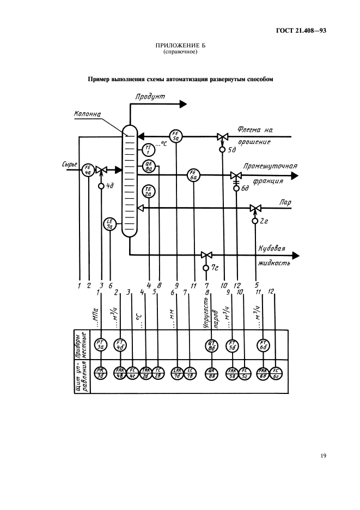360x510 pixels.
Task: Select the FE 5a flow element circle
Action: click(176, 136)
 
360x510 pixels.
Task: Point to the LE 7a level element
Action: click(110, 224)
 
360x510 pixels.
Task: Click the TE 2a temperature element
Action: click(149, 191)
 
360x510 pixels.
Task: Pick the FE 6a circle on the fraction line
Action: click(194, 175)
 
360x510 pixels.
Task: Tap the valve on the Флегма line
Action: click(222, 136)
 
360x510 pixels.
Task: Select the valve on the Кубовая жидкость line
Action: click(206, 255)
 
